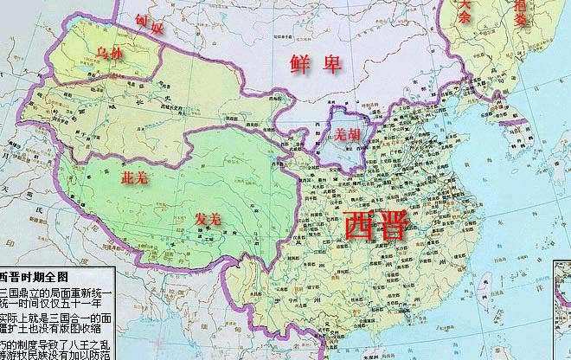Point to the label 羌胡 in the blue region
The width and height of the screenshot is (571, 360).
(347, 135)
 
